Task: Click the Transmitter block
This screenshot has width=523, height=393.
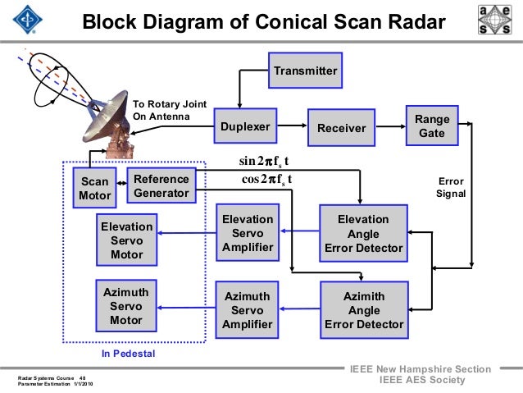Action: click(305, 71)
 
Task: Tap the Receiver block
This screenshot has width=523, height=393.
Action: click(341, 128)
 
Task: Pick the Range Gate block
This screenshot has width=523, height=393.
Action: click(432, 126)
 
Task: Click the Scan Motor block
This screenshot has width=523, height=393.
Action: click(94, 187)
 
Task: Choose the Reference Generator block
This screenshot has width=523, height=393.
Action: click(161, 186)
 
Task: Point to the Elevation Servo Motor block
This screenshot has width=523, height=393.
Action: click(126, 240)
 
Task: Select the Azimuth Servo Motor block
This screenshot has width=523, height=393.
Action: click(126, 306)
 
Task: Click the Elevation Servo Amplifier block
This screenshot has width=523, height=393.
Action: click(247, 234)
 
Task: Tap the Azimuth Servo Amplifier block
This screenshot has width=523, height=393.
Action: click(247, 310)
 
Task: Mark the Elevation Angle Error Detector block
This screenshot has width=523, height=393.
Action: click(364, 234)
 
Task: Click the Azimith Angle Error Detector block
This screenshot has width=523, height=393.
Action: click(364, 310)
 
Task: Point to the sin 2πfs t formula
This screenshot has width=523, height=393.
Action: click(265, 161)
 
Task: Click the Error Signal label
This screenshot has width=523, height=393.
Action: click(452, 187)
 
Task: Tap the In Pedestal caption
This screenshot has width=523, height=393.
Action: click(127, 354)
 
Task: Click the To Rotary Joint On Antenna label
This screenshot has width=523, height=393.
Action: click(169, 110)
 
